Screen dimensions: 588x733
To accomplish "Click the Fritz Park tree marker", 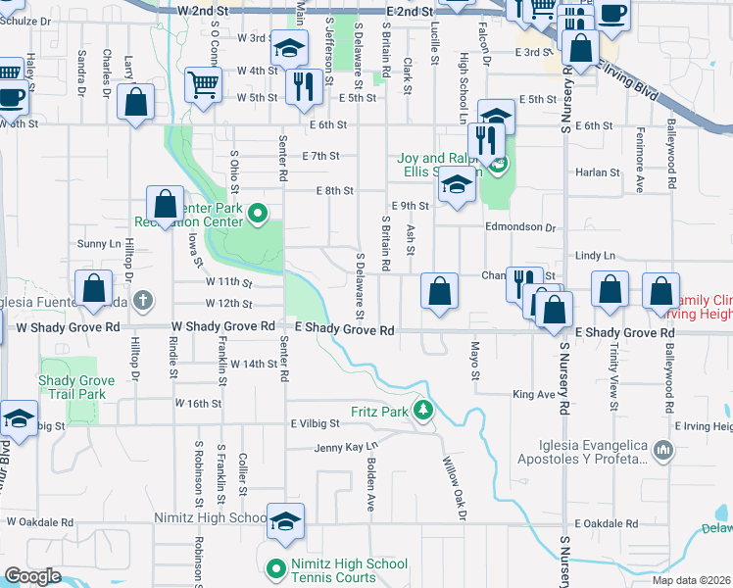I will click(423, 410).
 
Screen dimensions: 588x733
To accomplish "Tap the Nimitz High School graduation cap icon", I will click(285, 520).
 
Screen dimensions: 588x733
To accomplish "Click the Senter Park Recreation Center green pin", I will click(257, 212).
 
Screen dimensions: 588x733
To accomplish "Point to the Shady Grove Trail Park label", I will click(71, 387).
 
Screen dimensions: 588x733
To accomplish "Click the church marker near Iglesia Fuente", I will click(143, 299).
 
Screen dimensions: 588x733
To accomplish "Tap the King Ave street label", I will click(533, 395).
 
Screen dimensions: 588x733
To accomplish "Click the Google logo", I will click(33, 576).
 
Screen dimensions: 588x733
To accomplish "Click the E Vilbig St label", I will click(315, 423).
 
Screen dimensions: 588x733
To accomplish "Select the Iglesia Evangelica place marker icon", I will click(663, 451).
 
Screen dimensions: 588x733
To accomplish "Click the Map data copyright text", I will click(692, 580).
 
